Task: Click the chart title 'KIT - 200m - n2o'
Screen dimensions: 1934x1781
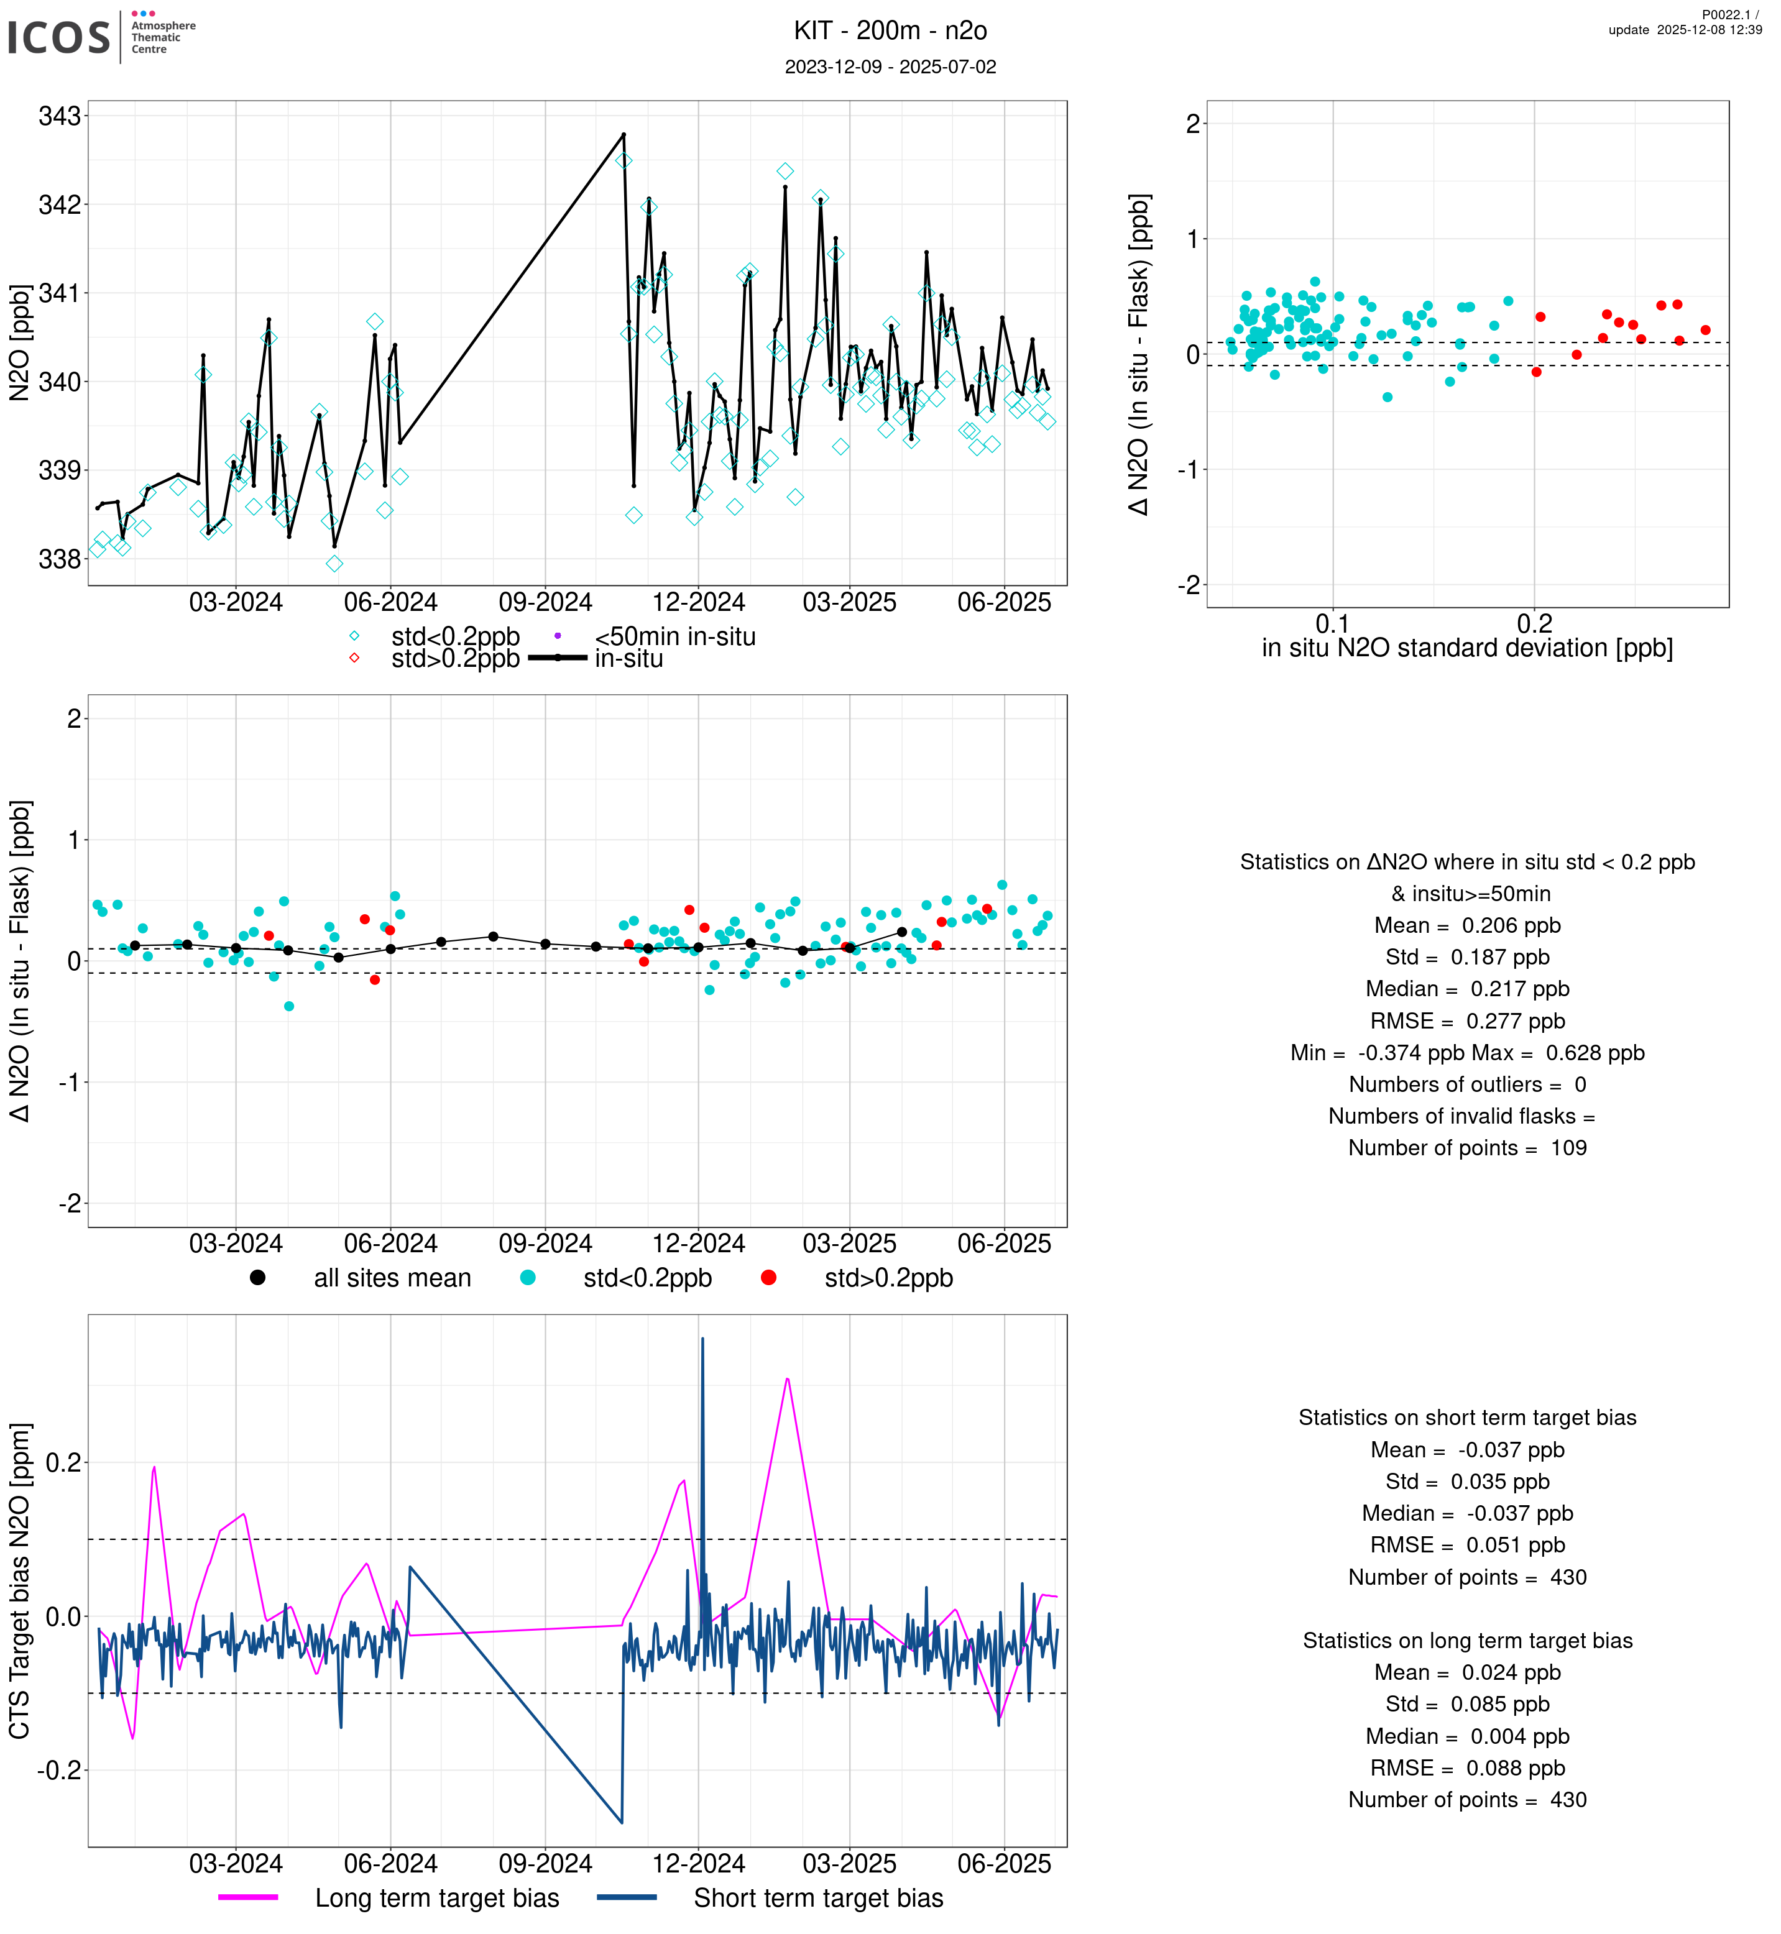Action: [x=890, y=31]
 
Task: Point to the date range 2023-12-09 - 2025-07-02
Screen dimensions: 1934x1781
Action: [x=890, y=68]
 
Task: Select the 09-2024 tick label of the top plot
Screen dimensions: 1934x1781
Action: [x=545, y=603]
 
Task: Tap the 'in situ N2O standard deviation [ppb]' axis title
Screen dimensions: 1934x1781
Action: [x=1467, y=649]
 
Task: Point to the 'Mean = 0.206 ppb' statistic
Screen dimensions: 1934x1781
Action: [x=1467, y=926]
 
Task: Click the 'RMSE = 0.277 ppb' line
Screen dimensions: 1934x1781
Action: [x=1467, y=1022]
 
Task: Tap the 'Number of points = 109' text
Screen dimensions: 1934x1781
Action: [x=1467, y=1148]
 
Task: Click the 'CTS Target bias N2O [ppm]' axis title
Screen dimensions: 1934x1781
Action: [x=19, y=1580]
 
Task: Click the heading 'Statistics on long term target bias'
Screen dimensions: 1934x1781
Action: [x=1467, y=1641]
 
